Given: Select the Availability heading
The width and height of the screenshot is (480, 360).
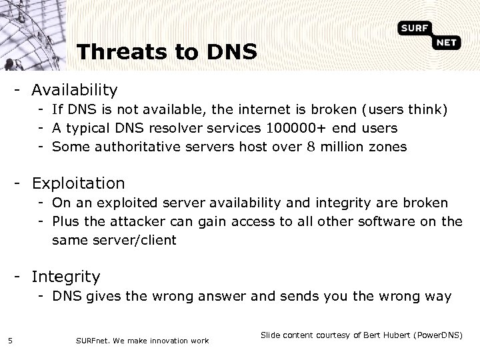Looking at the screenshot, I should tap(75, 89).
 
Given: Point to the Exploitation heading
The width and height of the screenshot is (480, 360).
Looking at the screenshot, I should tap(78, 183).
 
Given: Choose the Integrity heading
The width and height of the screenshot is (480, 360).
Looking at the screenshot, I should tap(66, 276).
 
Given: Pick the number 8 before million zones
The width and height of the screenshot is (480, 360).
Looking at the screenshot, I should tap(311, 147).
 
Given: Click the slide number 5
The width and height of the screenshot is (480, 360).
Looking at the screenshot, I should tap(11, 341).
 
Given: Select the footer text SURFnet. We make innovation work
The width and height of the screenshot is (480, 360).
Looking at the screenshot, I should tap(143, 341).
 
